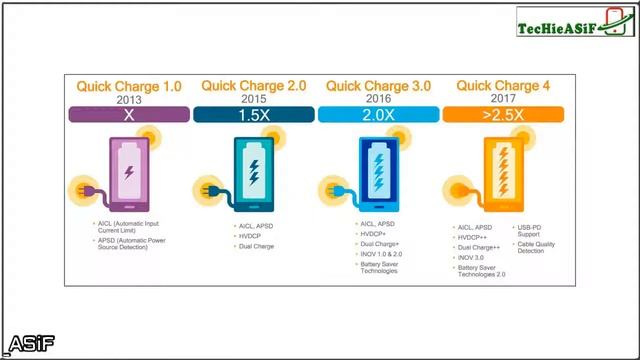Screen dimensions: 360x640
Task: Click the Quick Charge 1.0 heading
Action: click(x=129, y=86)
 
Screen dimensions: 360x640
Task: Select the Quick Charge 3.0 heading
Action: click(x=378, y=86)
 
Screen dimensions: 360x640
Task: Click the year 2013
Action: click(x=129, y=100)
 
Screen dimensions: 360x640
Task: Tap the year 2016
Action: click(x=378, y=100)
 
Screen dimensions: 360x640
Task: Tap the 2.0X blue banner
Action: click(x=377, y=115)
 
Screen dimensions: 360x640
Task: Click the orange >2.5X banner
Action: click(x=501, y=115)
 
